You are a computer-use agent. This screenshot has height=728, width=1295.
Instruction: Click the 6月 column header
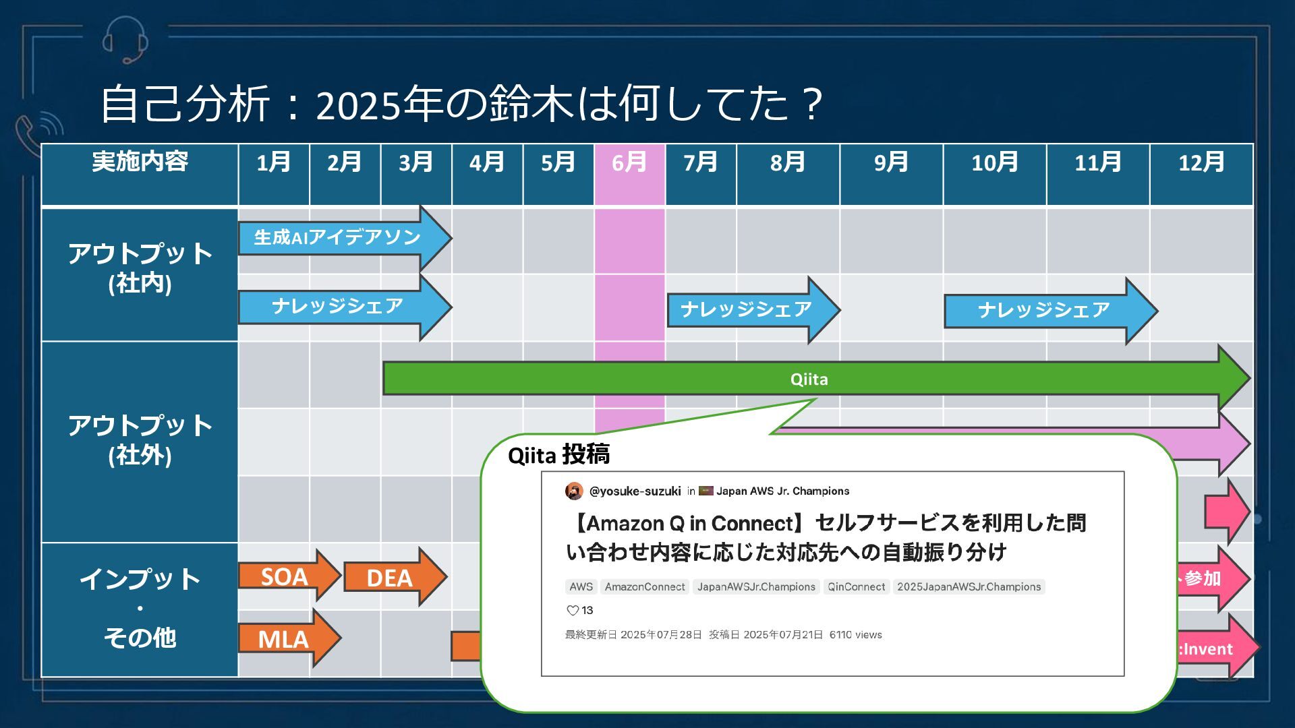pos(629,162)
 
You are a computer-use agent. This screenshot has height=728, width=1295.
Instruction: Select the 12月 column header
pos(1201,162)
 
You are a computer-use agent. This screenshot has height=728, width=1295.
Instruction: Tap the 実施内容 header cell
pos(140,162)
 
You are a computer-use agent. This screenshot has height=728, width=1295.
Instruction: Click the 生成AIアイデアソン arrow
pos(337,237)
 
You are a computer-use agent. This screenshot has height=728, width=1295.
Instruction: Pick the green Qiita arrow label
pos(809,379)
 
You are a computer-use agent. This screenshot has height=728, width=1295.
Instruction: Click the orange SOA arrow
pos(285,576)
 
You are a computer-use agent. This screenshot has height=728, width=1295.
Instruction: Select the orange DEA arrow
pos(389,578)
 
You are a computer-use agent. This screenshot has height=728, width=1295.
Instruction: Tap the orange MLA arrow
pos(284,638)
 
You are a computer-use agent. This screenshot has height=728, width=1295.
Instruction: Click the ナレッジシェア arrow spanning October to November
pos(1043,310)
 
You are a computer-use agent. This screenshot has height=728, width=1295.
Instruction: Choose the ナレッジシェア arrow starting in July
pos(746,309)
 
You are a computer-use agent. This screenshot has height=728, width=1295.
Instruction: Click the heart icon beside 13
pos(573,611)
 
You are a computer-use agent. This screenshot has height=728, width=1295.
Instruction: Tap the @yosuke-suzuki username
pos(635,491)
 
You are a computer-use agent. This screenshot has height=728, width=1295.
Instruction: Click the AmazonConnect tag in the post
pos(644,587)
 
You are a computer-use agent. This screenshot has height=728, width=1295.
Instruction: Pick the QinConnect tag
pos(856,587)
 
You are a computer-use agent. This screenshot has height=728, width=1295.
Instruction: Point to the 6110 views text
pos(855,635)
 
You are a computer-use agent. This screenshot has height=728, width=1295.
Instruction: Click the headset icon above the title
pos(125,39)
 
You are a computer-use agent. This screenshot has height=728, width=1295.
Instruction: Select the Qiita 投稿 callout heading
pos(558,455)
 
